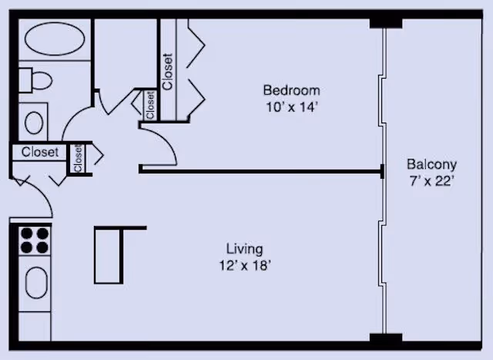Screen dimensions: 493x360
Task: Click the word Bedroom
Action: click(291, 90)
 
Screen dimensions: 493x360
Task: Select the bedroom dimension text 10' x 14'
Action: click(290, 107)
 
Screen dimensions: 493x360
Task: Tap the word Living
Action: click(245, 249)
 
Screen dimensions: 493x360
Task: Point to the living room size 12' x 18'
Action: click(245, 266)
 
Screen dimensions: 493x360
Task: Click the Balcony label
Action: click(431, 164)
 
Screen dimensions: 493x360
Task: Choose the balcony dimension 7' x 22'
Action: click(431, 181)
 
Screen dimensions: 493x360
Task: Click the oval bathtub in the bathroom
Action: click(55, 39)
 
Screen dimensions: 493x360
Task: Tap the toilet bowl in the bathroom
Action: click(42, 81)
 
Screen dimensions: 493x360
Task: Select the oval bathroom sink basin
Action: click(34, 123)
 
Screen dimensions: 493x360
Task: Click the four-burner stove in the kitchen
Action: click(35, 241)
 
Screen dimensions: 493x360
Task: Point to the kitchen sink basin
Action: click(36, 283)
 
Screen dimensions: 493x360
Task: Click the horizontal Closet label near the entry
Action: click(40, 153)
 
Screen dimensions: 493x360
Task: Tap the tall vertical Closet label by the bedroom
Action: click(167, 72)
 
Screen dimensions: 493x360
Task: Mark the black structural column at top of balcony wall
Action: click(385, 23)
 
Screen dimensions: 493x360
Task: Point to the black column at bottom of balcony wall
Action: click(385, 338)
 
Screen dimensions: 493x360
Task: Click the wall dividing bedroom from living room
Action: click(262, 171)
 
